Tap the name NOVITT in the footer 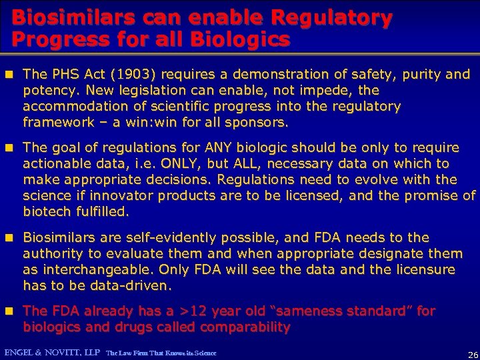70,352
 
